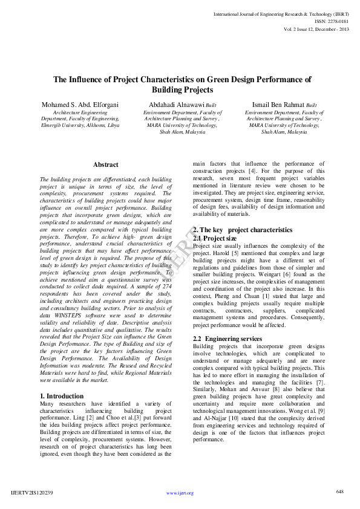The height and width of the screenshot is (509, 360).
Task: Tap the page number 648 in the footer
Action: point(340,491)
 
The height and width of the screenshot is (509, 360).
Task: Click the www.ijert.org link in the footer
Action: point(180,493)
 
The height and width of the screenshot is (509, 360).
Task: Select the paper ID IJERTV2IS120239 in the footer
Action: point(32,493)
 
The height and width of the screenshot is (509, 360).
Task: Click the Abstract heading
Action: point(106,164)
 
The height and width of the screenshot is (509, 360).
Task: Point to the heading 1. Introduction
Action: point(62,396)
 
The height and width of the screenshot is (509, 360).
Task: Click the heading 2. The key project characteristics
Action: point(242,230)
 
